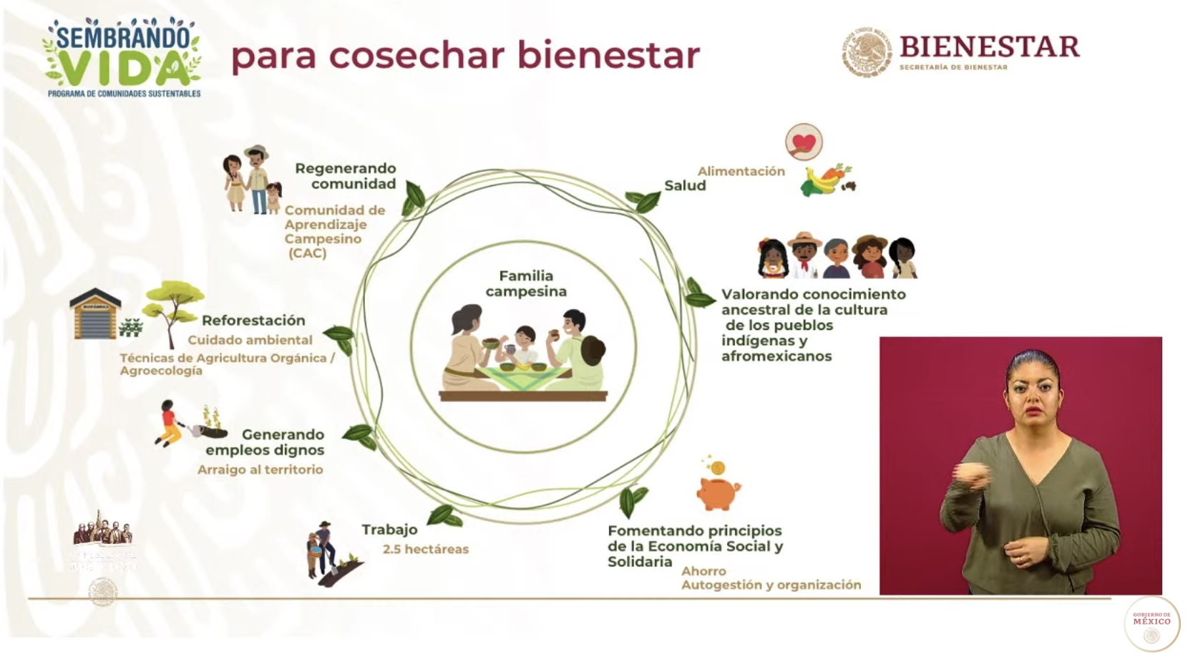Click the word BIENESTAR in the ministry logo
point(989,47)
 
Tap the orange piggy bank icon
point(718,492)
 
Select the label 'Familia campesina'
point(526,283)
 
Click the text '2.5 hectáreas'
point(426,550)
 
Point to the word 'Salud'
point(685,186)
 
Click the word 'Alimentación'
point(741,171)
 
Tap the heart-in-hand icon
point(804,142)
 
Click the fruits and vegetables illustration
point(828,180)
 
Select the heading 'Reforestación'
point(253,321)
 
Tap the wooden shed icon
point(95,314)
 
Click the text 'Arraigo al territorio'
point(261,470)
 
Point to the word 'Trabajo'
point(389,530)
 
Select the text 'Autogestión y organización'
point(771,585)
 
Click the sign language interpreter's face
point(1033,398)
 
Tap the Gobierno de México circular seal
point(1152,623)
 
